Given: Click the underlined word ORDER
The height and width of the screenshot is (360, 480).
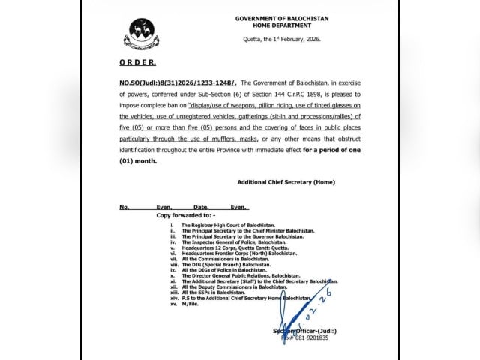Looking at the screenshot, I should click(138, 64).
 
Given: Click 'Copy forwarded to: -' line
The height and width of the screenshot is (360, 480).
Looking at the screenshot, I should click(187, 214).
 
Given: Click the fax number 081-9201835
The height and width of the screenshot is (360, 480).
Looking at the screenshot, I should click(304, 337).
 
